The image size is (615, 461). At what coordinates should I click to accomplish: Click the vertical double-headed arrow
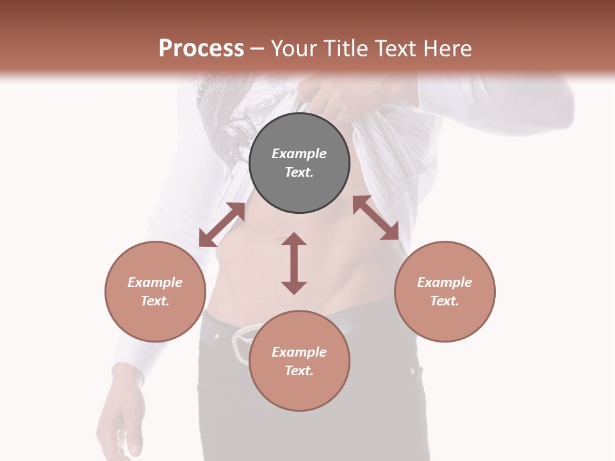(x=294, y=263)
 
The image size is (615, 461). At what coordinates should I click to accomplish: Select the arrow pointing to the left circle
(x=222, y=224)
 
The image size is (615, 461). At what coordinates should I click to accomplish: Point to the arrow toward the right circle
(x=376, y=218)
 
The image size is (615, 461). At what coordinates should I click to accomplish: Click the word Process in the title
(x=201, y=48)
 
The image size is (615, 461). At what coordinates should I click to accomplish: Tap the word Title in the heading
(x=347, y=48)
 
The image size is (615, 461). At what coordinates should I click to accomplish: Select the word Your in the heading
(x=294, y=48)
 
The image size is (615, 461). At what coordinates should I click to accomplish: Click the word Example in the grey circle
(x=299, y=154)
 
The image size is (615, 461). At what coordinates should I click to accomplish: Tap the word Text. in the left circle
(x=155, y=301)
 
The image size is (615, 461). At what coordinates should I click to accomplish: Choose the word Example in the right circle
(x=445, y=282)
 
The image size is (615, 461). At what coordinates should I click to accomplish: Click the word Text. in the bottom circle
(x=299, y=371)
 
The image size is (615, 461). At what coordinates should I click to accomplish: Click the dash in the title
(x=257, y=48)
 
